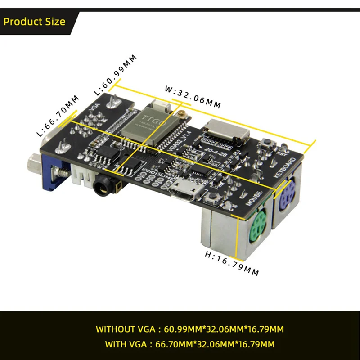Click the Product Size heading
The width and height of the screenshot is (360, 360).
(x=35, y=22)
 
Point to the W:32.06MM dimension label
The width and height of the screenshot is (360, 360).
(x=193, y=96)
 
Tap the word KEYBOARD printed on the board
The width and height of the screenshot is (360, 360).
(x=284, y=168)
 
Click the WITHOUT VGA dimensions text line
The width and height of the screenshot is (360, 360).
(x=189, y=329)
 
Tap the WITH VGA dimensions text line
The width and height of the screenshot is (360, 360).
(x=189, y=345)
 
